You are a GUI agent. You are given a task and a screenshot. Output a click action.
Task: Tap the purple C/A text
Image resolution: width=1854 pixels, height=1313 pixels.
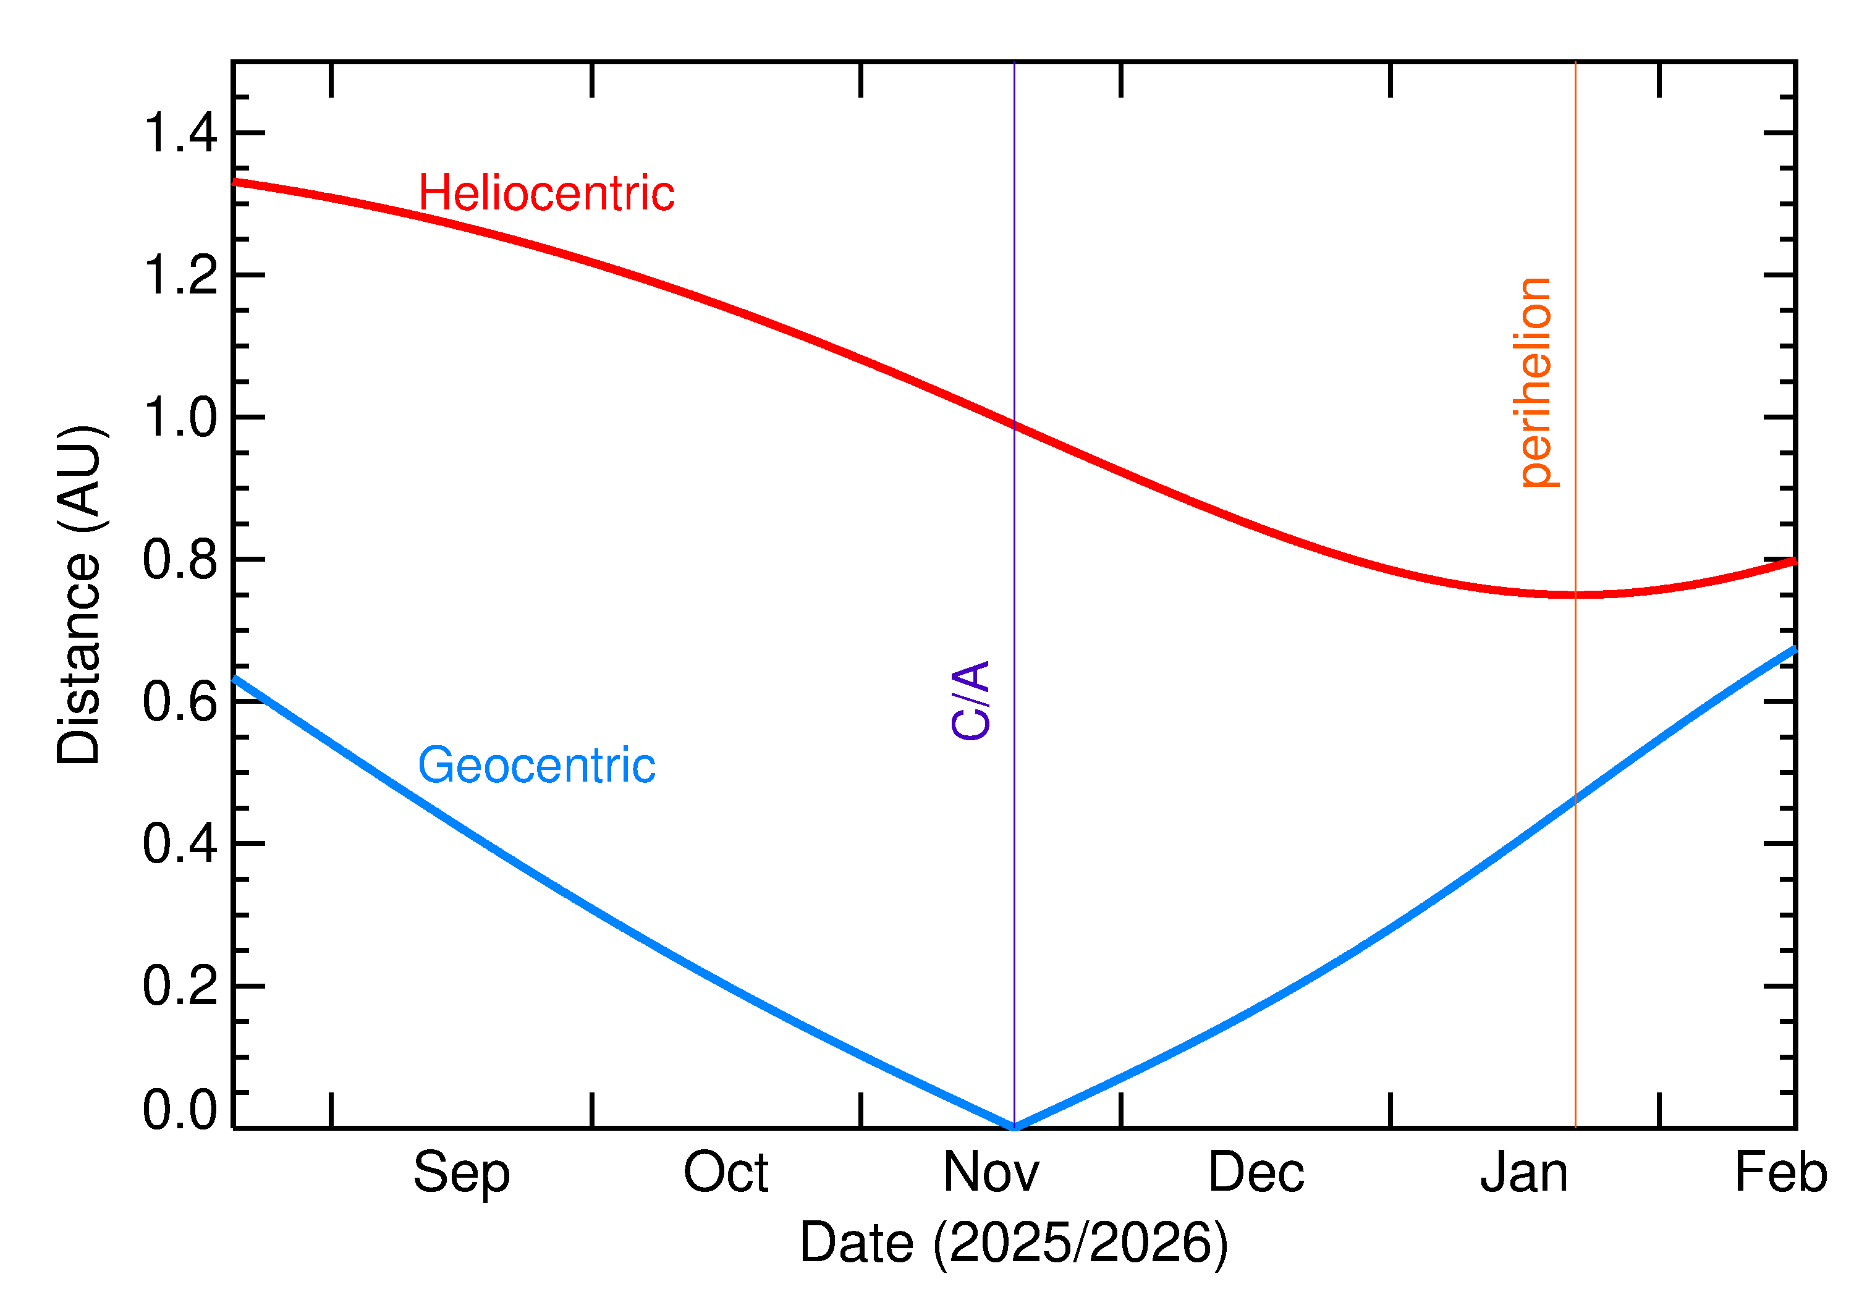(x=971, y=700)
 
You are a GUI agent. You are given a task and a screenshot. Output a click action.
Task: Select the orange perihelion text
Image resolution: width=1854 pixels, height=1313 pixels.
(x=1534, y=382)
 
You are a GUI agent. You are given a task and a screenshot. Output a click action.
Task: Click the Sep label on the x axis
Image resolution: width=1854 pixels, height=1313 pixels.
(x=462, y=1173)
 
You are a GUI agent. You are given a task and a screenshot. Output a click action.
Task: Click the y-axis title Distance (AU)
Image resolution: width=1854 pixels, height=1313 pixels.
(x=79, y=594)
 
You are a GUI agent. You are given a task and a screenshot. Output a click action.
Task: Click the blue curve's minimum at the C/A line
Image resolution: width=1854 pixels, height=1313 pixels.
(x=1014, y=1126)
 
